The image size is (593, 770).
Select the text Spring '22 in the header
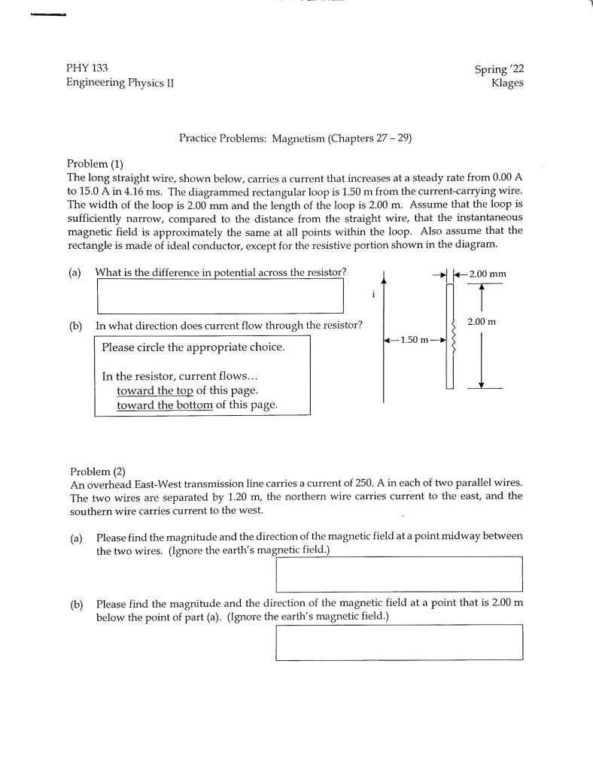pos(499,68)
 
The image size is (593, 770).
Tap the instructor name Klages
pos(506,83)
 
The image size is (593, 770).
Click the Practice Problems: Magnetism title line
pos(295,138)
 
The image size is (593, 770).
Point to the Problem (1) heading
pos(95,164)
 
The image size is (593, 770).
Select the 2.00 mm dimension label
pos(487,274)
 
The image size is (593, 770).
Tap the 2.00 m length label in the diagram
pos(482,322)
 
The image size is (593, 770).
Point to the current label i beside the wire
pos(373,296)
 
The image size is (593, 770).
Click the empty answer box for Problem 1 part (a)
pos(220,296)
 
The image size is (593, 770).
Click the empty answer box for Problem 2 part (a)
pos(399,574)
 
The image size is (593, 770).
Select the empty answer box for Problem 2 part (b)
pos(399,642)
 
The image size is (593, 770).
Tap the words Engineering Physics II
pos(120,83)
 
